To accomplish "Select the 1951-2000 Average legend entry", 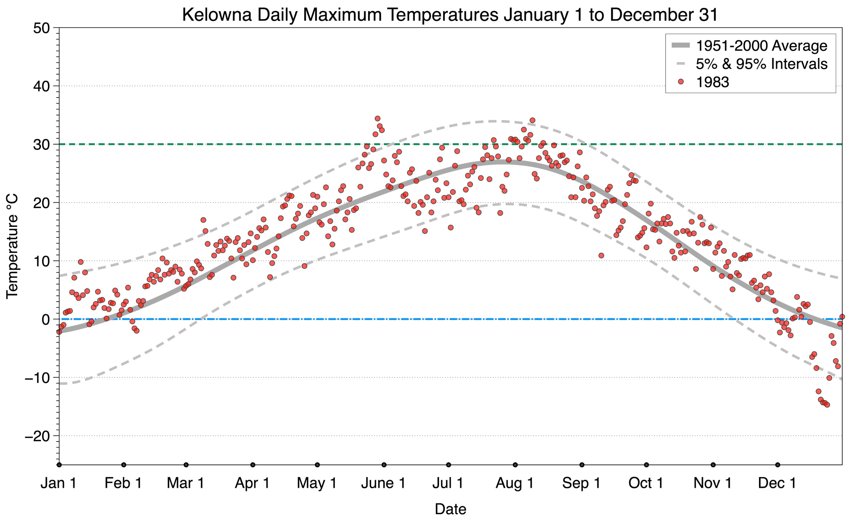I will (x=761, y=46).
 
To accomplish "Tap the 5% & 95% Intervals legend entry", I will (x=761, y=64).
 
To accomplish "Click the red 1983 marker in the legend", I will (x=680, y=82).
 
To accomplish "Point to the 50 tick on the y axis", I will (x=41, y=28).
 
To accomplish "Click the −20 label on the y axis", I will (x=37, y=436).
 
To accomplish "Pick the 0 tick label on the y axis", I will (x=45, y=320).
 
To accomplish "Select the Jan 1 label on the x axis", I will (x=59, y=483).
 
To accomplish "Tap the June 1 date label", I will (x=384, y=483).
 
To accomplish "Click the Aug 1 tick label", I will (x=515, y=483).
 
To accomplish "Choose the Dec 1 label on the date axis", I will (x=777, y=483).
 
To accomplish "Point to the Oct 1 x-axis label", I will (x=646, y=483).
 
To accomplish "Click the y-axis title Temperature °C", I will (x=12, y=246).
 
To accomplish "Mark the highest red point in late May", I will (x=378, y=119).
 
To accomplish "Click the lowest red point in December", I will (x=827, y=405).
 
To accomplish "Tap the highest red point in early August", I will (x=532, y=121).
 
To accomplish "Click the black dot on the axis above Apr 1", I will (x=253, y=465).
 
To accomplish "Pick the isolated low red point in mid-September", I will (x=601, y=256).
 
